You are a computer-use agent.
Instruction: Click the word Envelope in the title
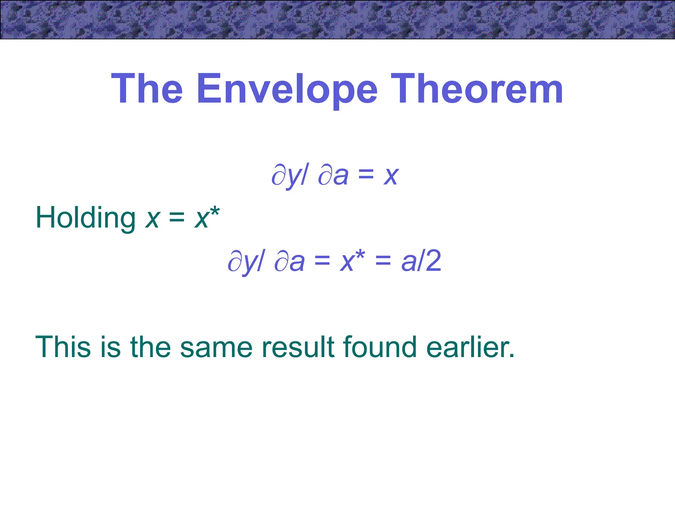(287, 89)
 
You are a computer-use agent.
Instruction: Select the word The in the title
(147, 89)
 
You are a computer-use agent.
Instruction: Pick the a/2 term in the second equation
(421, 261)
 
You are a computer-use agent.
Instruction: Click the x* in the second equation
(352, 261)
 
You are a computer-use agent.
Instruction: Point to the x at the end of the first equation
(391, 176)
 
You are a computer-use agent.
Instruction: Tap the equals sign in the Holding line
(177, 217)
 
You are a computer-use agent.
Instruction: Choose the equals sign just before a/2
(383, 261)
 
